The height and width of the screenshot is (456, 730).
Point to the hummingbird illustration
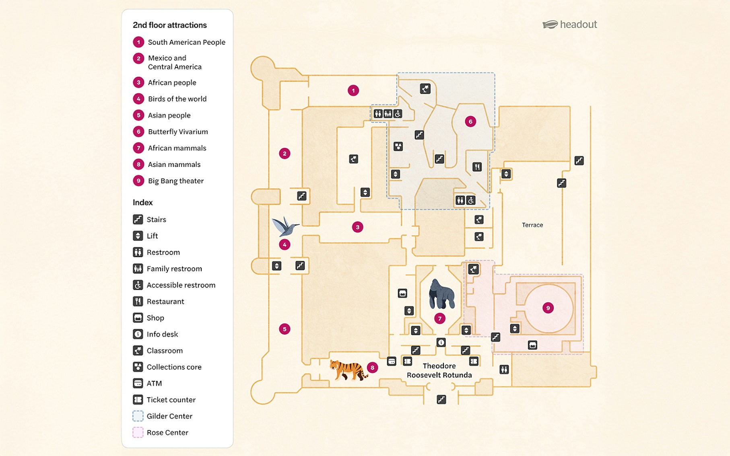(x=285, y=227)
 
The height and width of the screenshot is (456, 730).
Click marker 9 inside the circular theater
(x=548, y=308)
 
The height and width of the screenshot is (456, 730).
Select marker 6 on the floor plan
(x=470, y=121)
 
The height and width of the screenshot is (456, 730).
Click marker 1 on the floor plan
(x=353, y=90)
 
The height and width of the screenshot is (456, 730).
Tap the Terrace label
(x=532, y=225)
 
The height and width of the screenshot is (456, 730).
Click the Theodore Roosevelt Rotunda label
(x=439, y=370)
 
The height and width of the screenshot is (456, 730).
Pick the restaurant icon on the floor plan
(x=477, y=166)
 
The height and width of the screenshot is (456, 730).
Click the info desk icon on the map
(x=441, y=343)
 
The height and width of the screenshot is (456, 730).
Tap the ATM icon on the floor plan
(x=392, y=361)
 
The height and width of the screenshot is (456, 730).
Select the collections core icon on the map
(x=398, y=146)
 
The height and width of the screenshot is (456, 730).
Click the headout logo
(x=569, y=25)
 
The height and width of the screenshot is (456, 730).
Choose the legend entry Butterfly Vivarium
(x=177, y=131)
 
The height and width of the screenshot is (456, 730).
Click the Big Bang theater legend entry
(x=175, y=181)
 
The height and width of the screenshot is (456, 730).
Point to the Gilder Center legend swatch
(x=138, y=416)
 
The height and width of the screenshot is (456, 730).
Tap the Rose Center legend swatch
(x=138, y=433)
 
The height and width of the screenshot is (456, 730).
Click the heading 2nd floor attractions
(x=169, y=25)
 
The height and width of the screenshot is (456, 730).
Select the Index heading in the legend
(x=143, y=202)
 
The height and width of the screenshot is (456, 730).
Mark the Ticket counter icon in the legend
(x=138, y=400)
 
